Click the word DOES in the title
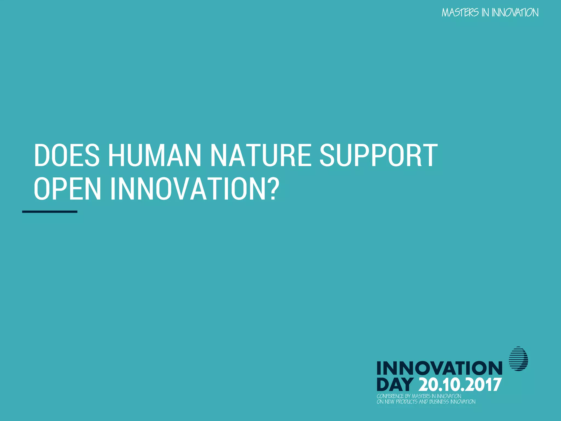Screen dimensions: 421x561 click(67, 155)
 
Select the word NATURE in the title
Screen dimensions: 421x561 click(261, 155)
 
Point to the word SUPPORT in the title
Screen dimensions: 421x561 click(379, 155)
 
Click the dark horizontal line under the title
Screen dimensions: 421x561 click(50, 212)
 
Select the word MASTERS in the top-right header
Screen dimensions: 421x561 click(460, 13)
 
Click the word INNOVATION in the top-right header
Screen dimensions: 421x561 click(515, 13)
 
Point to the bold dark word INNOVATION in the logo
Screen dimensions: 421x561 click(439, 368)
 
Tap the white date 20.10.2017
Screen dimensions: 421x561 click(460, 385)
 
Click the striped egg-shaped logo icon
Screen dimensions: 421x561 click(518, 359)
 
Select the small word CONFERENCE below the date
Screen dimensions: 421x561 click(390, 396)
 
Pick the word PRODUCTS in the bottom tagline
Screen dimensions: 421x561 click(407, 402)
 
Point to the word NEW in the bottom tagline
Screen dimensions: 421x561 click(390, 402)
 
